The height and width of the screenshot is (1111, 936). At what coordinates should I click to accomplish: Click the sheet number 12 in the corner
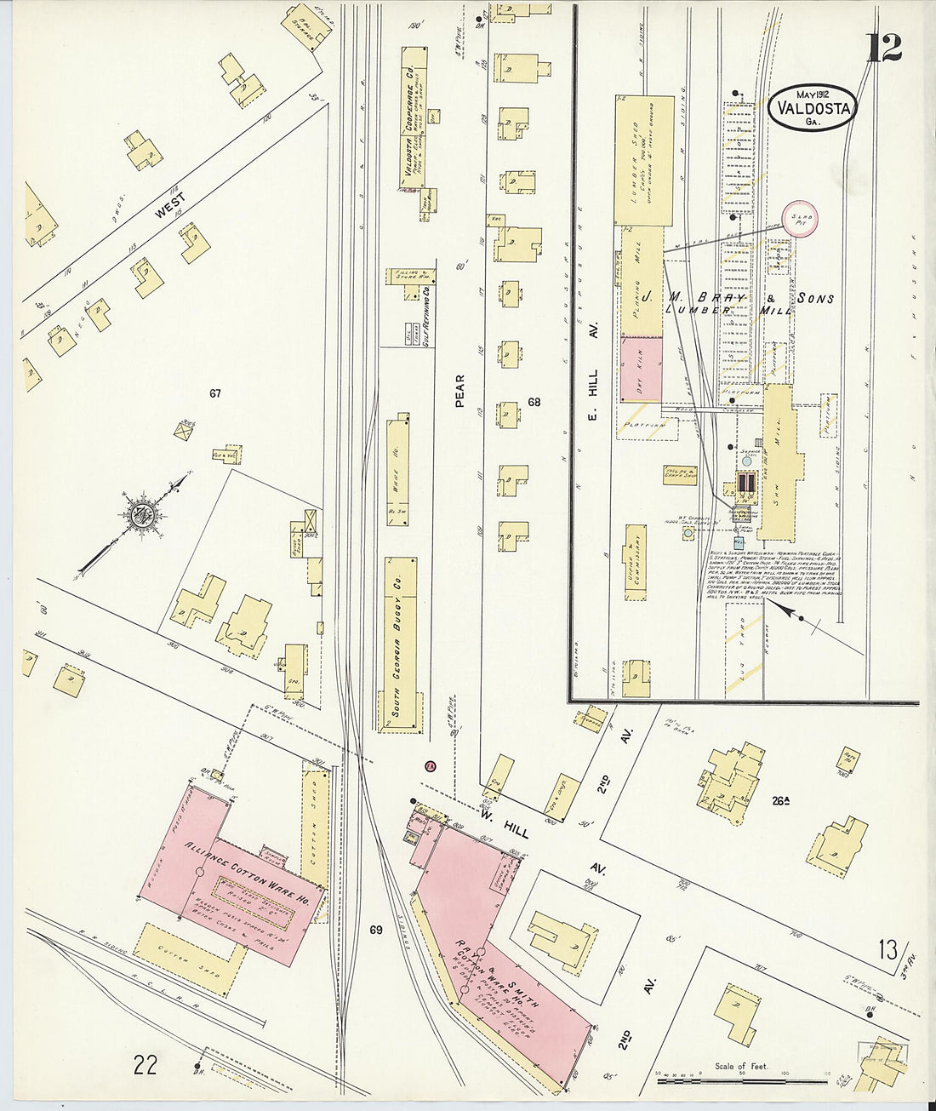(x=884, y=48)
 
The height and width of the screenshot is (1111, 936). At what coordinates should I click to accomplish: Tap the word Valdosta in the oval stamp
(x=813, y=108)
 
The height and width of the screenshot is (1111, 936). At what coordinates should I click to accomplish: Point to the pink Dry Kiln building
(x=641, y=369)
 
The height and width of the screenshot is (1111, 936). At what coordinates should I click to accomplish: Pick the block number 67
(x=215, y=393)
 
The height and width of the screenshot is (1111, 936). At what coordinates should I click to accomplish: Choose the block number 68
(x=534, y=402)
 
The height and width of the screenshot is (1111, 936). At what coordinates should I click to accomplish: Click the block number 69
(x=376, y=931)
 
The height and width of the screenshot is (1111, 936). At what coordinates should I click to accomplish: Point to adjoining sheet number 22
(x=145, y=1064)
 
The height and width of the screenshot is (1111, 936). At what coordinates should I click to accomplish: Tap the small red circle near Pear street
(x=431, y=766)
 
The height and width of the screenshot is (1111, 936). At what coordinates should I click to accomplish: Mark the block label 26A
(x=780, y=799)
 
